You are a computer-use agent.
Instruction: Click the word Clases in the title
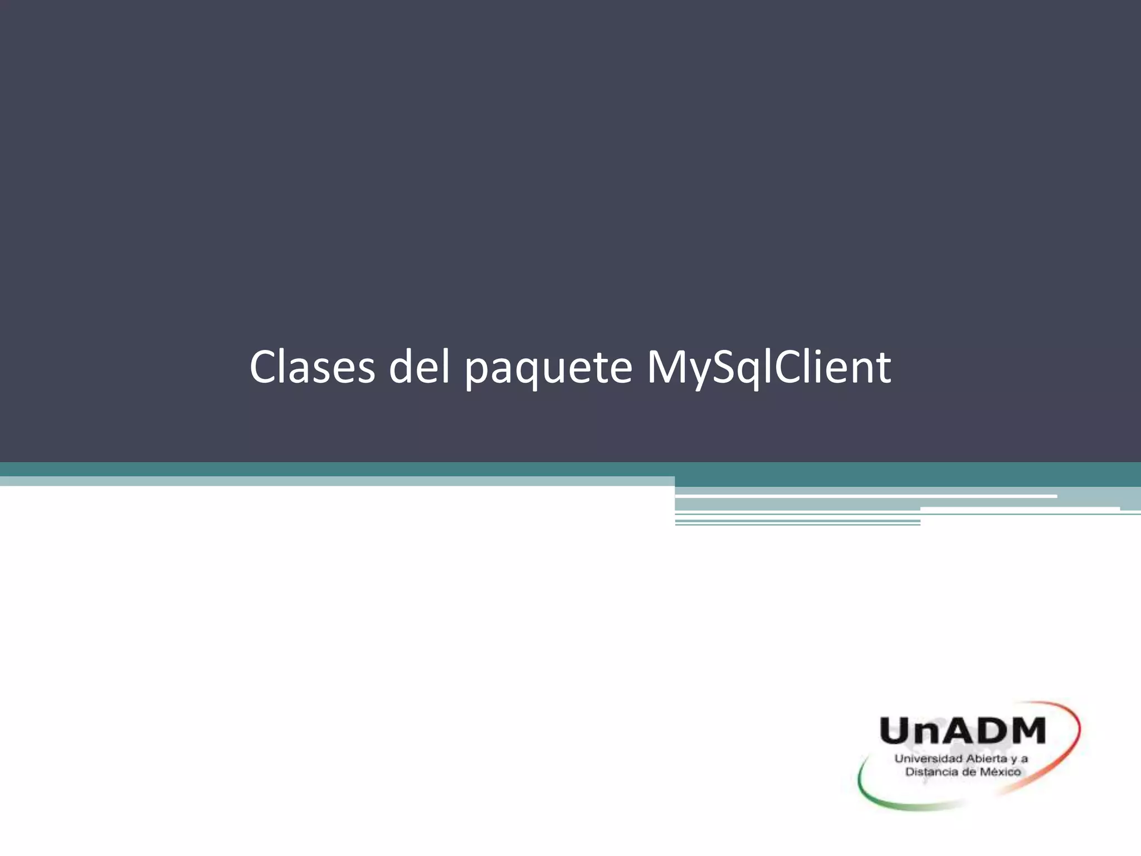click(x=312, y=368)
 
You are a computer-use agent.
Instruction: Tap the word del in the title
click(x=419, y=368)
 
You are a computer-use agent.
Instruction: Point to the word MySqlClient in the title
click(x=769, y=368)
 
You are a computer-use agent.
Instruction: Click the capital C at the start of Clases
click(x=264, y=368)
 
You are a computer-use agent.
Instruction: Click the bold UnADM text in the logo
click(x=962, y=731)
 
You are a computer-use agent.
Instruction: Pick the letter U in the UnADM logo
click(x=895, y=731)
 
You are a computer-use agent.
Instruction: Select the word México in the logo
click(x=1000, y=772)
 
